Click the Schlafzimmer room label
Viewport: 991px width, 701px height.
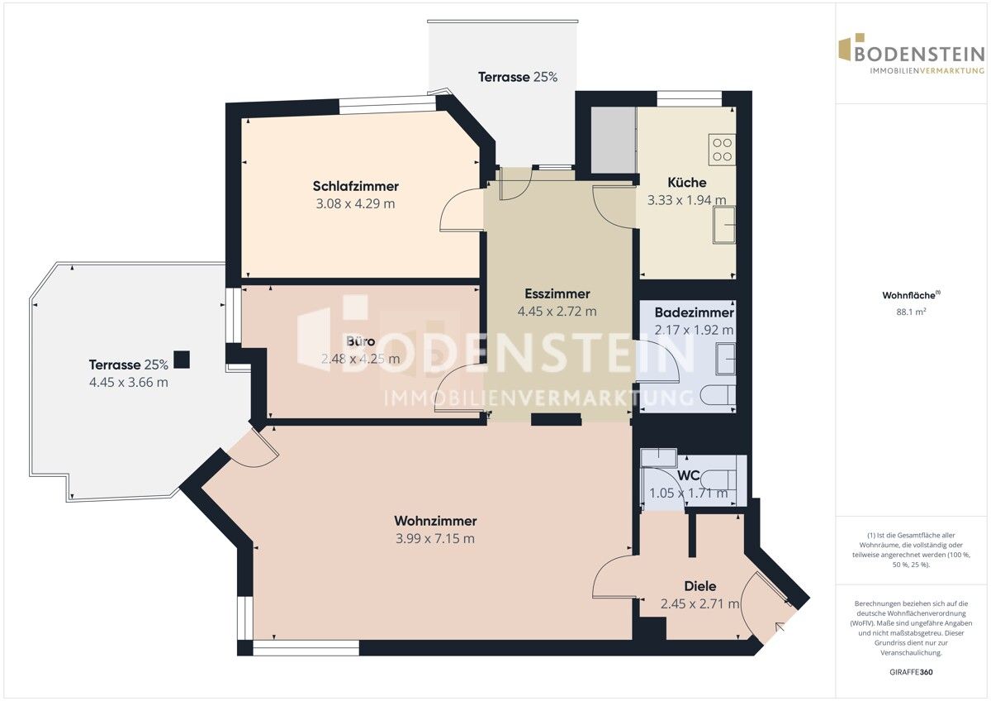(355, 186)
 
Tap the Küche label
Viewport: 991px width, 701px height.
(686, 183)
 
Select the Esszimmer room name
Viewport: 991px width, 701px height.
(557, 293)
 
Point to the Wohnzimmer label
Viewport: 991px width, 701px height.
(435, 521)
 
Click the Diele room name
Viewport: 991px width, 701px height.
(699, 586)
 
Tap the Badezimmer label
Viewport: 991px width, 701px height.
(694, 312)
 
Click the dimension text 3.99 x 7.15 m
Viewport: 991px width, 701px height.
(435, 539)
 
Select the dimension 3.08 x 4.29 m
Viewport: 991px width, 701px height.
(355, 203)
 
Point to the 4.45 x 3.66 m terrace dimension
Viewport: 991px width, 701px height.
(128, 382)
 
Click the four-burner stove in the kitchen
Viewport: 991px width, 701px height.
(721, 149)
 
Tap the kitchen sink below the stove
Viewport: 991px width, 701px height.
(724, 225)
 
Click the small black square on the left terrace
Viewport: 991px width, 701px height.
(182, 360)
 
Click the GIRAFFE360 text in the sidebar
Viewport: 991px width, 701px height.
(912, 672)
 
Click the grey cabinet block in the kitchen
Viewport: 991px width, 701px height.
(612, 141)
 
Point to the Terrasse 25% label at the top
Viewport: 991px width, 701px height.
(518, 77)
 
